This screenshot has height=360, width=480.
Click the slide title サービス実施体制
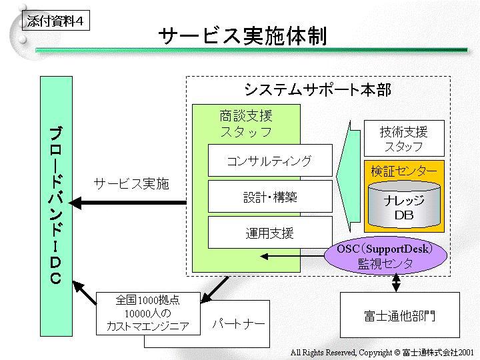tap(242, 37)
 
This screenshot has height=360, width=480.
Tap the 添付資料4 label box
tap(55, 21)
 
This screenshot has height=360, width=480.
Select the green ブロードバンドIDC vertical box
tap(56, 206)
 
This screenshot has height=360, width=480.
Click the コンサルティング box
tap(269, 161)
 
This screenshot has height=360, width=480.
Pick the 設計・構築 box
tap(269, 197)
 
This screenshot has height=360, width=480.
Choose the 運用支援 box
tap(269, 233)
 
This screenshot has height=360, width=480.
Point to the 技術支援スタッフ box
tap(403, 139)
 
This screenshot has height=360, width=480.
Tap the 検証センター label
tap(404, 171)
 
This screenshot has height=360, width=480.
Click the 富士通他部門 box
tap(399, 315)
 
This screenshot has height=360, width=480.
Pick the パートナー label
tap(238, 324)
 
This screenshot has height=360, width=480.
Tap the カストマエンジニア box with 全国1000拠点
tap(148, 313)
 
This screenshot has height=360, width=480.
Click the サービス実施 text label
tap(131, 184)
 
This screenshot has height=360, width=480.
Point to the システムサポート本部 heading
tap(317, 89)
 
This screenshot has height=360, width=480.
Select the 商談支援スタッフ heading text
tap(246, 123)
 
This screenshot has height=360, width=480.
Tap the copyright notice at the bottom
tap(382, 351)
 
